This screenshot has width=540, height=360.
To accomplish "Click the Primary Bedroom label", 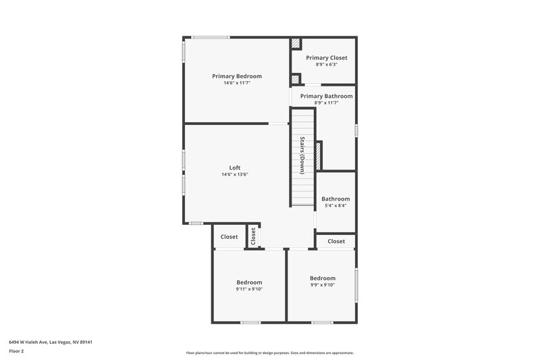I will pos(236,76).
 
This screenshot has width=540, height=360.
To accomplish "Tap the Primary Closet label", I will pos(327,58).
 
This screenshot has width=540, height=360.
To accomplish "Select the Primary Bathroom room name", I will pos(327,97).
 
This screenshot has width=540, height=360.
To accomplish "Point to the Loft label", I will pos(235,168).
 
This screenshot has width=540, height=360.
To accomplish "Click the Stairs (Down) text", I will pos(303,156).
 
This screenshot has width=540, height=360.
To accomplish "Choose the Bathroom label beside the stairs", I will pos(335,199).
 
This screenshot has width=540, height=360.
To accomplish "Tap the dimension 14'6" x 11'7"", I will pos(236,83).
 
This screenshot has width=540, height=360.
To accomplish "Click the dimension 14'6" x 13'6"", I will pos(235,175).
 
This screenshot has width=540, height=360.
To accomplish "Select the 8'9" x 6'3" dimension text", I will pos(327,65).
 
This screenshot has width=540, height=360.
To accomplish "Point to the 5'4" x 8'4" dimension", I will pos(335,206).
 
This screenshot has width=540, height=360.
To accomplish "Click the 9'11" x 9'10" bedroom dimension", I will pos(249,289).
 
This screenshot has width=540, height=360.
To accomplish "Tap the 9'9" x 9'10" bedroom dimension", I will pos(323,285).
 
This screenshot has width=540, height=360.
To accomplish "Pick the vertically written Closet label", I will pos(254,236).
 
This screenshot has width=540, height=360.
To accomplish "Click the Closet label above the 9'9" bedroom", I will pos(336,241).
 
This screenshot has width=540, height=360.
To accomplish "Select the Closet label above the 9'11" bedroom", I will pos(230,237).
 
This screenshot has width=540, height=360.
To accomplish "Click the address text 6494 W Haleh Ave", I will pos(51,342).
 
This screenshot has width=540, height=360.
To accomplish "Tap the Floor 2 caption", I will pos(16,352).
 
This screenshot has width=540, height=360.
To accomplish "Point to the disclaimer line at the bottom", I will pos(270,353).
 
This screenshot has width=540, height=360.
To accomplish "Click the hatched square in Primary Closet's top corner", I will pos(296,43).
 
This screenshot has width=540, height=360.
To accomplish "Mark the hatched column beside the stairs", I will pos(319,155).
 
